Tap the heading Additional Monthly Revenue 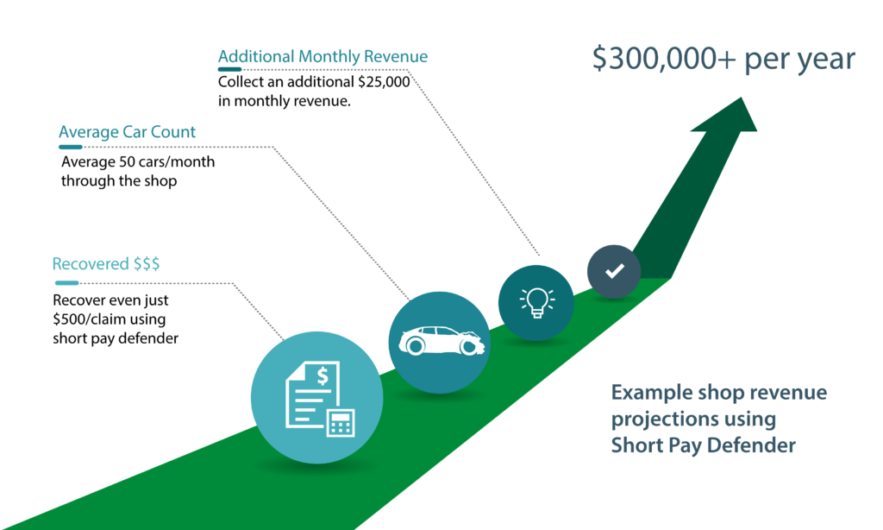[323, 56]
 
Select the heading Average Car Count [128, 132]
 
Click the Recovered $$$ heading [106, 264]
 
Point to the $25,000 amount [384, 82]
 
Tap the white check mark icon [614, 271]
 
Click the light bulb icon [536, 303]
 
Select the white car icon [441, 341]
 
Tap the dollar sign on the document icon [323, 375]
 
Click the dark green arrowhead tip [742, 98]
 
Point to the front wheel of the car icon [469, 346]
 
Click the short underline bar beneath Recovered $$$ [67, 283]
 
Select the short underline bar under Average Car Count [71, 147]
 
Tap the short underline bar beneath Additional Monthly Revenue [229, 69]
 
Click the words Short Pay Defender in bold [704, 445]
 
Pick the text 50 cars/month [166, 161]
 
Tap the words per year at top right [799, 60]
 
